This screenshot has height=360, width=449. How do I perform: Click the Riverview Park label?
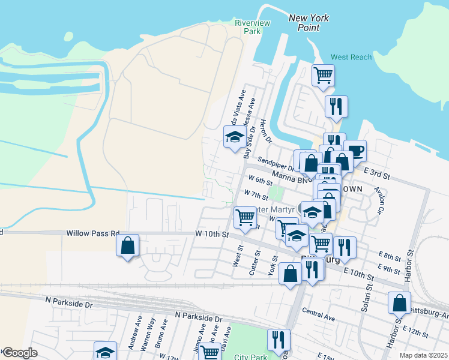tap(252, 27)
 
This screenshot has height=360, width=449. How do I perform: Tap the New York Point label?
tap(309, 23)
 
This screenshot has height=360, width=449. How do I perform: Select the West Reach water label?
tap(351, 57)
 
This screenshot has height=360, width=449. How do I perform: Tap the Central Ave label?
tap(318, 313)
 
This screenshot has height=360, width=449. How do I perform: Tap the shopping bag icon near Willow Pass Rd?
tap(127, 245)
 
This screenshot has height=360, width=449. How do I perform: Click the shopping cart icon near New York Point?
tap(323, 75)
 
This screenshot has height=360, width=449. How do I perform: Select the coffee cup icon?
tap(355, 150)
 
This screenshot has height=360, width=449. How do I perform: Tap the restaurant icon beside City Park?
tap(279, 340)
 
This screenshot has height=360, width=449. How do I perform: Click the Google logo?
tap(20, 353)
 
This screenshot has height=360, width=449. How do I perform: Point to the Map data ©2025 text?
tap(423, 355)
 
